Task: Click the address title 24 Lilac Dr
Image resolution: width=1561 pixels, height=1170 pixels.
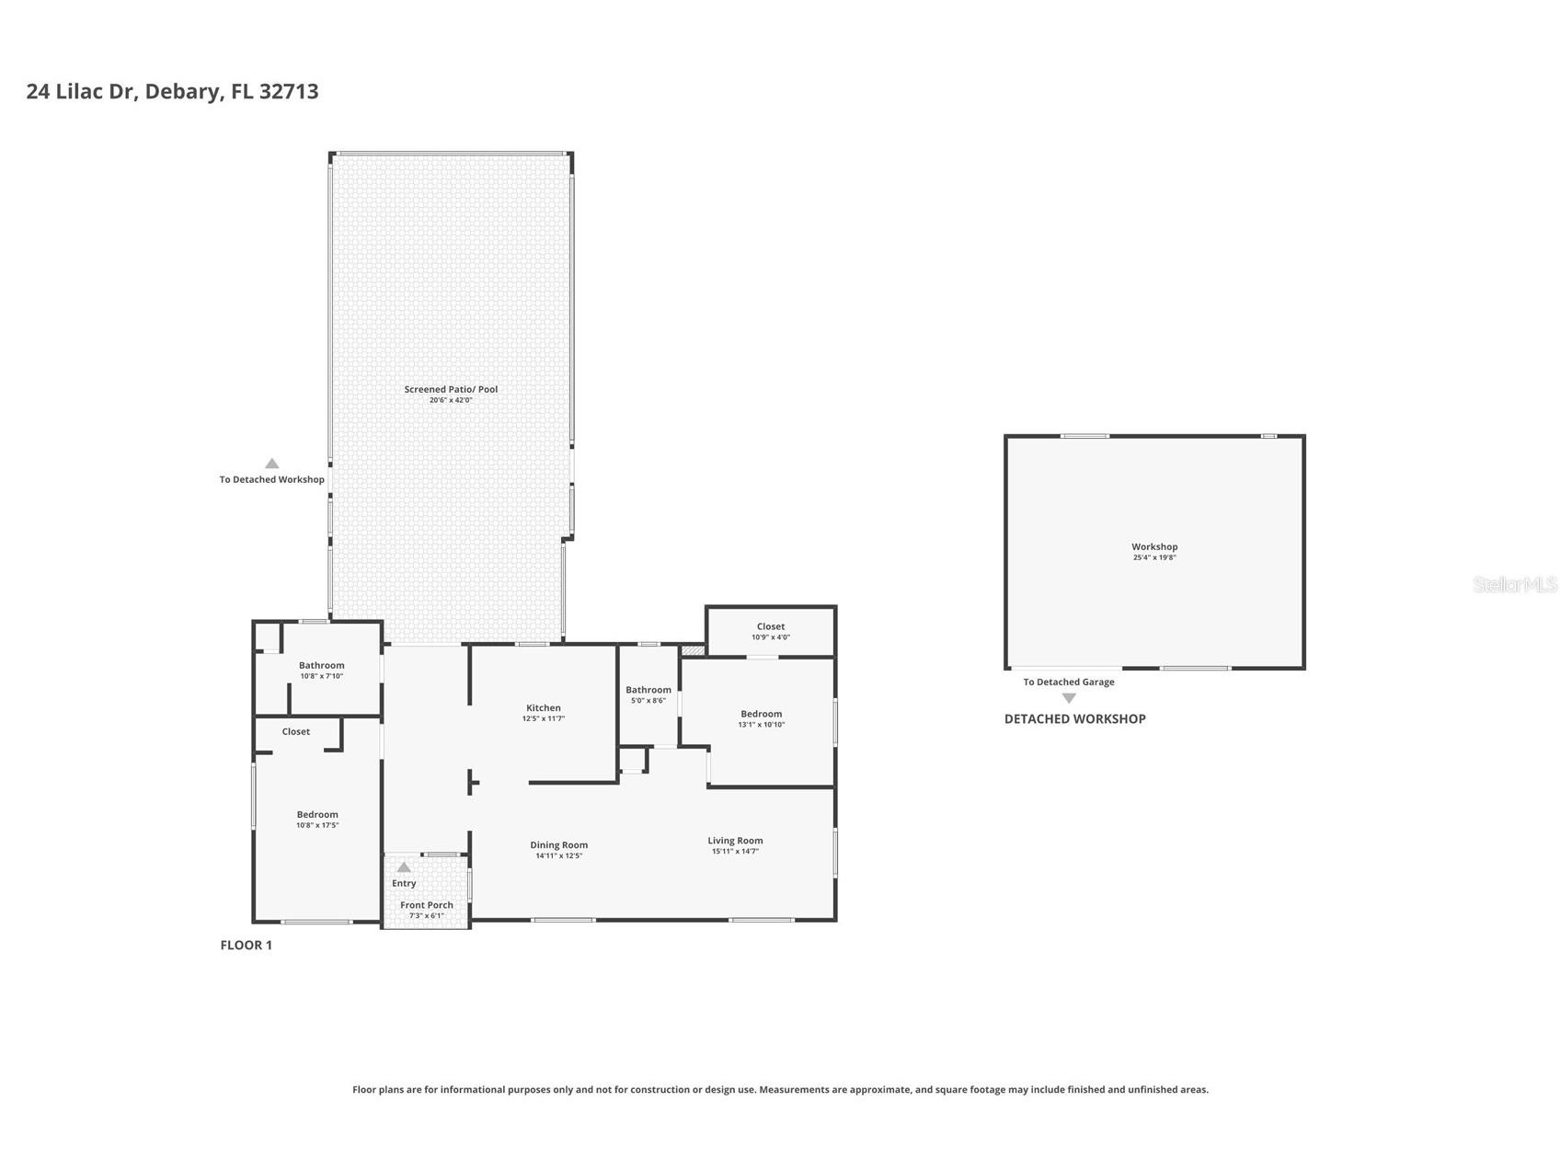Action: [172, 91]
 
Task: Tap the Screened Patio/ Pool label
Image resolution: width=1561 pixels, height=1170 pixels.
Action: [451, 389]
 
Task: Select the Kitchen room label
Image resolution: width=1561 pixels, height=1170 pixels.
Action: [543, 707]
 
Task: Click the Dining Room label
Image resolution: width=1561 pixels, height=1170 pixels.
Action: [558, 844]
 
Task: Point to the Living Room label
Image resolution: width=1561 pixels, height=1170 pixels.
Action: [735, 840]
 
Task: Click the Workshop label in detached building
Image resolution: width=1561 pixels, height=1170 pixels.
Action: [1154, 546]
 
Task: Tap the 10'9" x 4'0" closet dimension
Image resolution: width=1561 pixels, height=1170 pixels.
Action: [770, 637]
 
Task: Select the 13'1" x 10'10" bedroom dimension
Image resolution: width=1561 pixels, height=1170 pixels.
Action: [761, 725]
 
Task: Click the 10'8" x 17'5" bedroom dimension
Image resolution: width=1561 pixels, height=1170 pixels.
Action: [317, 825]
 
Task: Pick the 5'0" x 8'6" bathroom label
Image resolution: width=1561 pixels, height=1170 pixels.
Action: [648, 690]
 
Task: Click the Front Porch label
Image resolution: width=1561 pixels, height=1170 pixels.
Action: [426, 905]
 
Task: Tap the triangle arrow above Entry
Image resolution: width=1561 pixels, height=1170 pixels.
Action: [404, 867]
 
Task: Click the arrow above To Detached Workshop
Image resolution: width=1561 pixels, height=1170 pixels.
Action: [271, 464]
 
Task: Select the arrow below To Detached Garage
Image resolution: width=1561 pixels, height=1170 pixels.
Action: [1069, 698]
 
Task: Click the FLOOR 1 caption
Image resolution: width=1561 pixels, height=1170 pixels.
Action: [246, 945]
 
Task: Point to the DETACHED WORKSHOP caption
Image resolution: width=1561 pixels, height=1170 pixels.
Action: [1074, 718]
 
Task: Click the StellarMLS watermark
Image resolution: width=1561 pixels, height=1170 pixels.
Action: [1514, 584]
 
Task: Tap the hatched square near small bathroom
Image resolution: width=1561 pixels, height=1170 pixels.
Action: [693, 650]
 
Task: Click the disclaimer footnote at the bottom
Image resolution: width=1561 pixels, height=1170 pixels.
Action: [780, 1089]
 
